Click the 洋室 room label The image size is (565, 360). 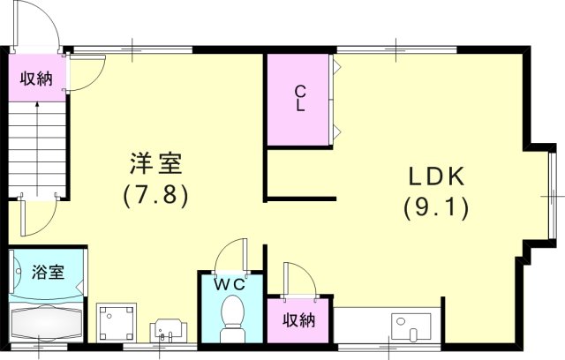[156, 163]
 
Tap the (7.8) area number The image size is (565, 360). [156, 193]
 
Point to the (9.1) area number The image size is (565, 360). [436, 208]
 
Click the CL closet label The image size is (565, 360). [300, 98]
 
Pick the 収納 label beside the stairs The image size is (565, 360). [36, 79]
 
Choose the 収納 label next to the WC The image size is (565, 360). [299, 319]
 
